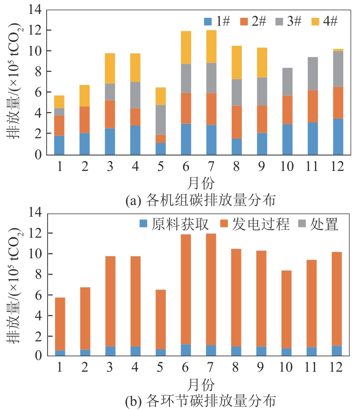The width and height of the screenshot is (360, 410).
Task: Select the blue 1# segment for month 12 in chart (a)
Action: coord(338,136)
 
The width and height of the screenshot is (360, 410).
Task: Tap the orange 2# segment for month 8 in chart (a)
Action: coord(237,122)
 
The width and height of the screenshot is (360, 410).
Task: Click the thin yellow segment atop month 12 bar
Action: coord(338,50)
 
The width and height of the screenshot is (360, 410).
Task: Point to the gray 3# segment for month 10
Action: coord(288,82)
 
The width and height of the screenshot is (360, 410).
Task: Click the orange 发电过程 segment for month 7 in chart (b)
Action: coord(212,289)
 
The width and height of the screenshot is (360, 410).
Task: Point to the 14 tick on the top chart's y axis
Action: coord(36,9)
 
